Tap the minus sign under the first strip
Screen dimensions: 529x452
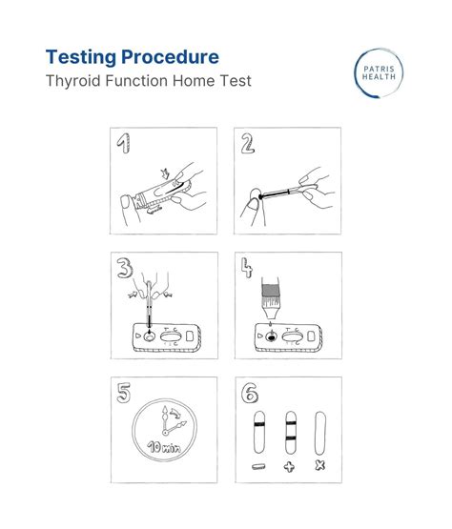click(x=257, y=468)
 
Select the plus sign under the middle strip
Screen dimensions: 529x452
click(x=288, y=468)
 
